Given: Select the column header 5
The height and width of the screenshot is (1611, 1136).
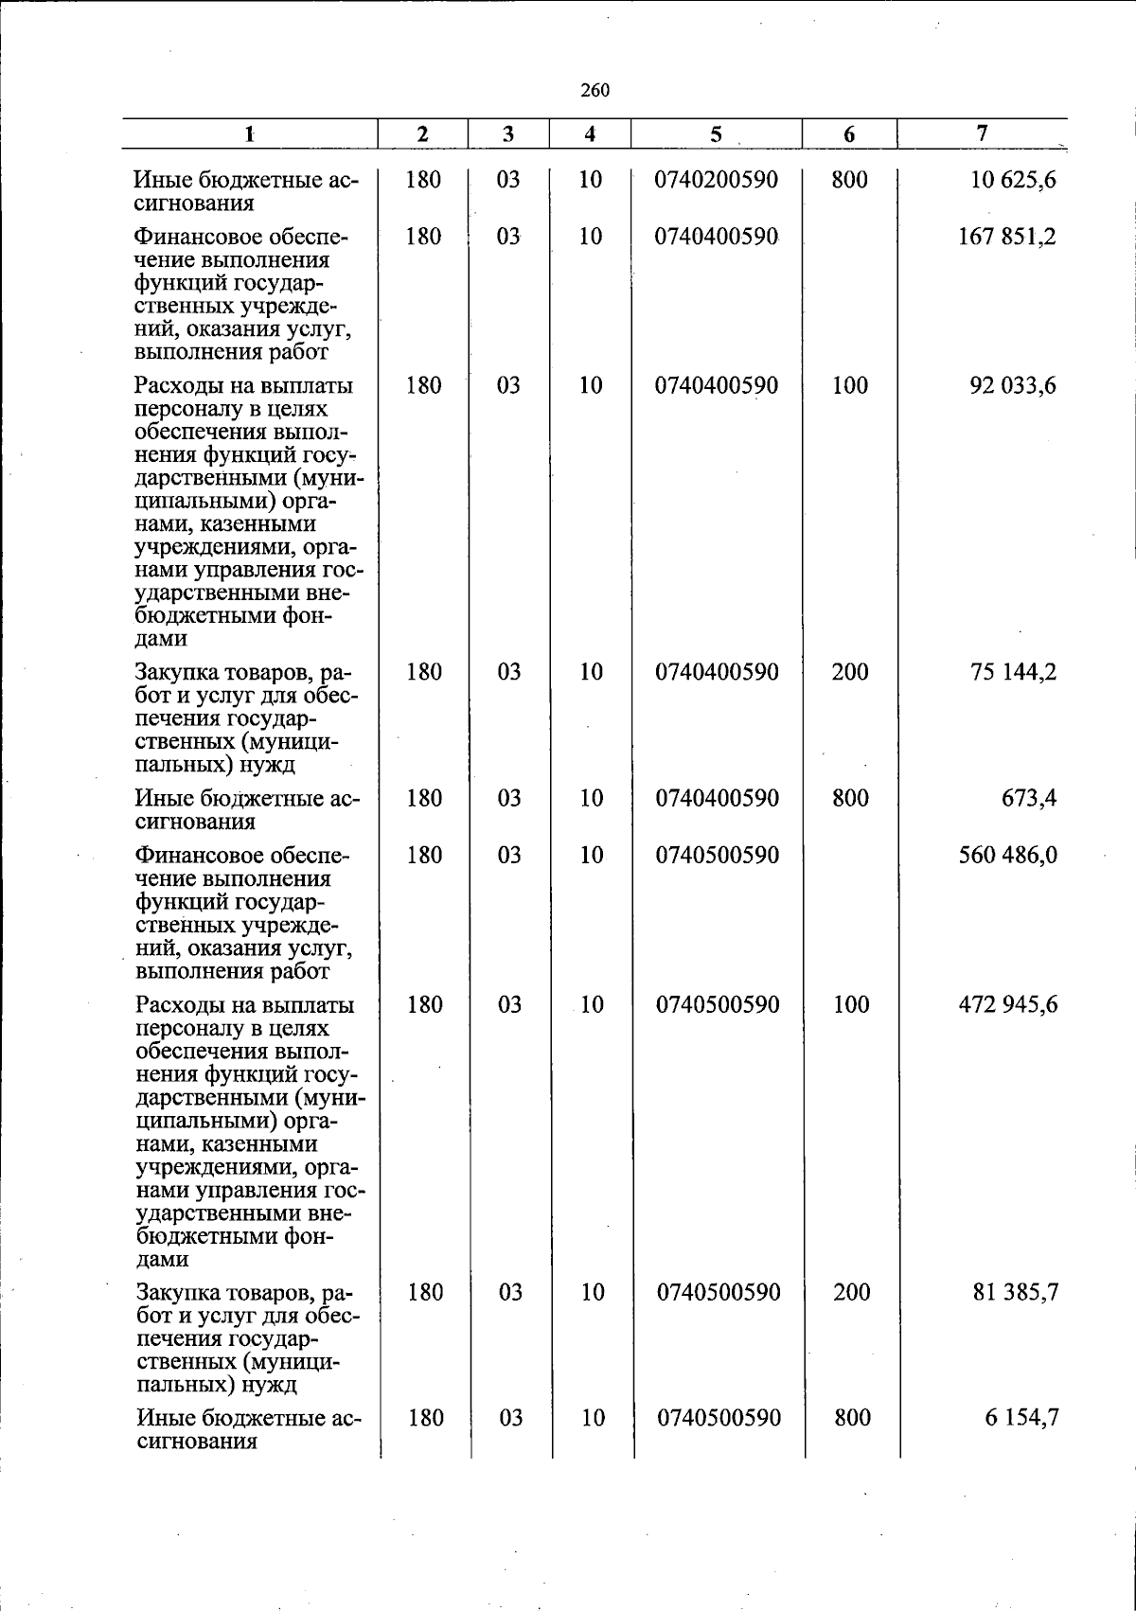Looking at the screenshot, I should point(717,134).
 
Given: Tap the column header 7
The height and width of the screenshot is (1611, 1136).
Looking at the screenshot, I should point(983,133).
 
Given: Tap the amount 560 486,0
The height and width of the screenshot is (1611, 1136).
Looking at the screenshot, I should point(1008,856).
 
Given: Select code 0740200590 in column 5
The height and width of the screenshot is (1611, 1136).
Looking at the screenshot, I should point(717,180).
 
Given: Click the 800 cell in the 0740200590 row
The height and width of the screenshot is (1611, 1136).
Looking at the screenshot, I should point(849,180).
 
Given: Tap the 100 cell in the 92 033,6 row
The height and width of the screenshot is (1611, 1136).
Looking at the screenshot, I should point(850,386).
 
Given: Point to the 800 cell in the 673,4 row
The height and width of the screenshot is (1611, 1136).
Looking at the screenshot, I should point(850,799).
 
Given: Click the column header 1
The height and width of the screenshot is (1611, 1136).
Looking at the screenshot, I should point(249,134).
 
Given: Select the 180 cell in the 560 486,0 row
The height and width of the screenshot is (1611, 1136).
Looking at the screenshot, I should point(424,856).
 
